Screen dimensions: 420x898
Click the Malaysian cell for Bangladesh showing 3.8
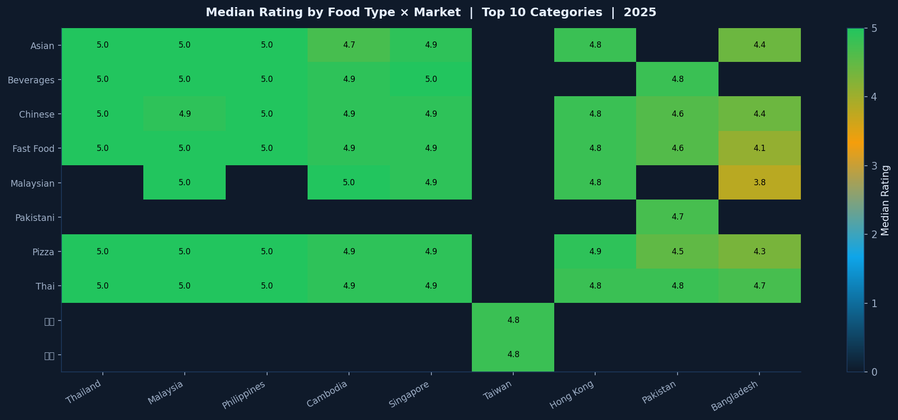(759, 182)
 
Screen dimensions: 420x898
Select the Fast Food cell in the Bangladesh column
(759, 148)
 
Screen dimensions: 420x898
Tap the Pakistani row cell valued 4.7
(677, 217)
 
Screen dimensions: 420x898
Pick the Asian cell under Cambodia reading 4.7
(349, 45)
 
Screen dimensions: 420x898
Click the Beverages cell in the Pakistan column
(677, 79)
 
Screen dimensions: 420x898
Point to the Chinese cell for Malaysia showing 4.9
(185, 114)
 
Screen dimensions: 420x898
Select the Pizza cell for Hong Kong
(595, 251)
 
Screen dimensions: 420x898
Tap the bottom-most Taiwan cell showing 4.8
(513, 354)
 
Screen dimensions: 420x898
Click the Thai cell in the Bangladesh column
(759, 286)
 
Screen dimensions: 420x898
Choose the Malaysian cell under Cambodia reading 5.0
(349, 182)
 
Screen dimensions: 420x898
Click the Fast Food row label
(33, 149)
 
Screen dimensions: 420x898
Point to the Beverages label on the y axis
(31, 80)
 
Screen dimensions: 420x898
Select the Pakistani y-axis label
(35, 218)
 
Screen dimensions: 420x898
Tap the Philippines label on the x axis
(244, 395)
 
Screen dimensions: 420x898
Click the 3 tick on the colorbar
(874, 166)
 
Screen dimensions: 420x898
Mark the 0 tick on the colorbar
(874, 372)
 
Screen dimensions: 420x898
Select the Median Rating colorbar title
(885, 200)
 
